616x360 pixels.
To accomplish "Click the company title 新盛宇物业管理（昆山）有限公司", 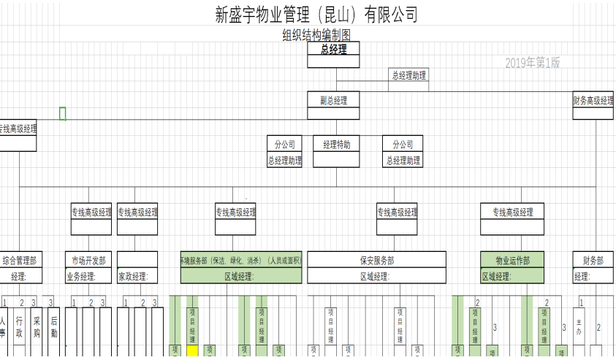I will (x=317, y=14).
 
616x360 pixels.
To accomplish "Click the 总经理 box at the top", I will (x=333, y=50).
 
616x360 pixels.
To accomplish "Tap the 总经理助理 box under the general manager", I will (x=408, y=75).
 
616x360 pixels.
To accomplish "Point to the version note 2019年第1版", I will (x=532, y=64).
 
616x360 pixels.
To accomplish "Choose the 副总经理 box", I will (x=333, y=101).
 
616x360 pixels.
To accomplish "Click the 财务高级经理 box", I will (x=593, y=101).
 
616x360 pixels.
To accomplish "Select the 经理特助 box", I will (x=336, y=145).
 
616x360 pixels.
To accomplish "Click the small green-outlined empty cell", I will (x=63, y=113).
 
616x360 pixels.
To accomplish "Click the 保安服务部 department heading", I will (x=377, y=260).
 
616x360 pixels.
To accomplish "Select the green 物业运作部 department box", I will (x=512, y=260).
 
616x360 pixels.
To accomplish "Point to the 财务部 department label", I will (x=593, y=260).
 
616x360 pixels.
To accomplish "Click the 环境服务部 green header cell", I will (x=240, y=260).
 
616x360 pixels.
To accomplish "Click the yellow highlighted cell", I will (x=192, y=351).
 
